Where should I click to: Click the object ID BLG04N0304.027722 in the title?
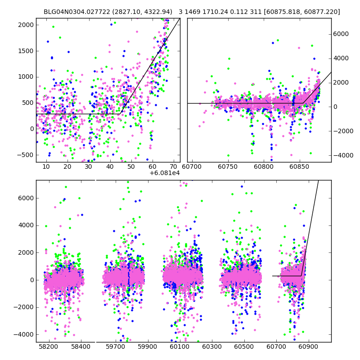click(x=74, y=12)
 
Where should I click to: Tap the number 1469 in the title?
click(x=193, y=12)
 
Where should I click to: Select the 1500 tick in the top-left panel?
click(x=26, y=51)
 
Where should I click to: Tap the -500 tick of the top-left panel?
click(x=26, y=155)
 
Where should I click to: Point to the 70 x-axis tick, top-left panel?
click(x=173, y=167)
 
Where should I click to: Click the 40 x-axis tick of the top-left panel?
click(x=109, y=167)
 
